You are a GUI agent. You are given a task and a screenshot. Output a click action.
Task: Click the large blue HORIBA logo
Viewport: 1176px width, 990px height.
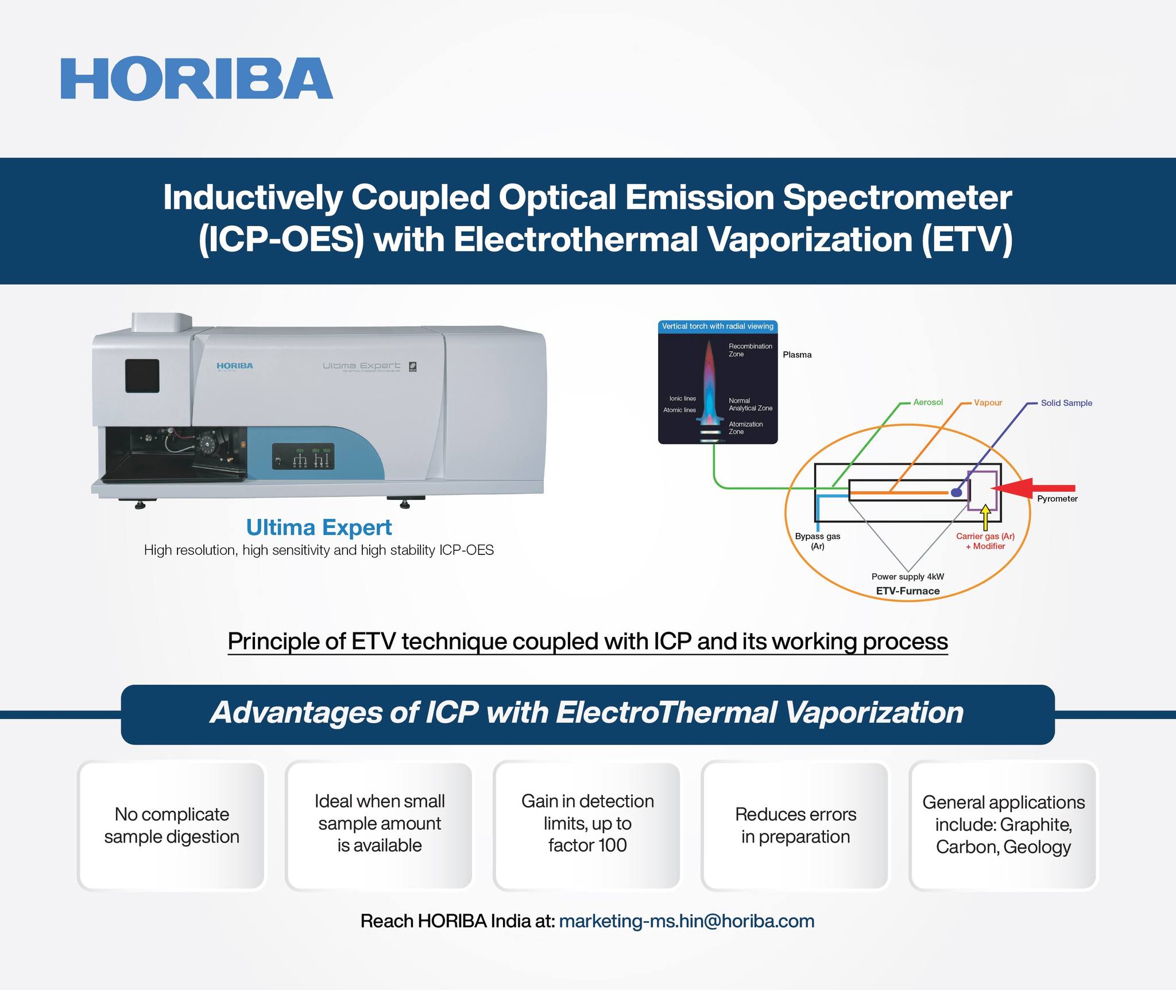pos(197,79)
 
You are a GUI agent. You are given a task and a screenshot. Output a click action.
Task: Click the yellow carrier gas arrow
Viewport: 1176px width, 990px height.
pos(986,517)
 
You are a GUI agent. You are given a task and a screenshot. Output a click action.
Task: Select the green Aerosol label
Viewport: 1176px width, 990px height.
pos(928,402)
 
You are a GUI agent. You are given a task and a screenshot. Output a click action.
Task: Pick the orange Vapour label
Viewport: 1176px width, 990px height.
pos(988,402)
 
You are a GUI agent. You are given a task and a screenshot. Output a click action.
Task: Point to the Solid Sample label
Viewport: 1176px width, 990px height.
pos(1066,403)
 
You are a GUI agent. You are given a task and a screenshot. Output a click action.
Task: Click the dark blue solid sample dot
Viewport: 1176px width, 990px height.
pos(956,492)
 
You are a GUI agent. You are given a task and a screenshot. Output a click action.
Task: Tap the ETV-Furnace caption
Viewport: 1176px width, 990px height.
pos(908,591)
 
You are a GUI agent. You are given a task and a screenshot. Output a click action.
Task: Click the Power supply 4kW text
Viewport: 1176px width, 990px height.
pos(908,576)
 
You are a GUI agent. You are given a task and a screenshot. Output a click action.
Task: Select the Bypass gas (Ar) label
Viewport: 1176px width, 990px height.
pos(817,541)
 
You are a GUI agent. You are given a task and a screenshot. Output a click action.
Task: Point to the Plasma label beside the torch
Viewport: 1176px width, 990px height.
pos(797,355)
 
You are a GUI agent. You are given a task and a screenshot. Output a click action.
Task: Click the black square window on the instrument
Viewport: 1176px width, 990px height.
pos(142,376)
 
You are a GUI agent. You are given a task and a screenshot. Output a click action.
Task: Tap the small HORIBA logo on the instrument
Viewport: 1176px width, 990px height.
pos(234,366)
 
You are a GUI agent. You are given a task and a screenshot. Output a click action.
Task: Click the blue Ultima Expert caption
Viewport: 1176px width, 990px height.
pos(319,527)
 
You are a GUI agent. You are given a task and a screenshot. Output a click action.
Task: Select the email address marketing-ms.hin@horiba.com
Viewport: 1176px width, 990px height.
pos(686,921)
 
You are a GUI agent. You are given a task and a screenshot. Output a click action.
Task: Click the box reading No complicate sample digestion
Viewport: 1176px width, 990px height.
pos(172,825)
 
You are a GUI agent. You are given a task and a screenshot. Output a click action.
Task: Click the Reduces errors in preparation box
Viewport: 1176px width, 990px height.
pos(795,825)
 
